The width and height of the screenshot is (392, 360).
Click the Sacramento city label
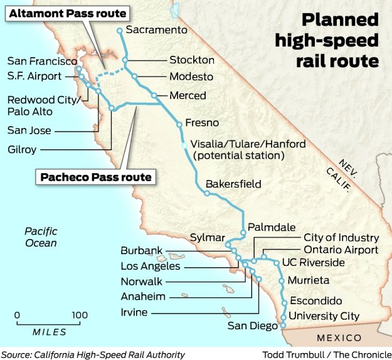click(x=157, y=29)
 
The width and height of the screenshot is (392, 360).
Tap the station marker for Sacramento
click(x=120, y=30)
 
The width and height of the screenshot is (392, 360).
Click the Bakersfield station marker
click(x=206, y=193)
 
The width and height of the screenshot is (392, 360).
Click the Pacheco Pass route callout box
click(x=96, y=177)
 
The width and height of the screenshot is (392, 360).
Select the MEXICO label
click(x=338, y=337)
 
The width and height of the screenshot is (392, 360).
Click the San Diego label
click(x=252, y=326)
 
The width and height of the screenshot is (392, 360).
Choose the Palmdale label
click(x=269, y=227)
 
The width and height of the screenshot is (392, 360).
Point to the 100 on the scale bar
click(x=79, y=315)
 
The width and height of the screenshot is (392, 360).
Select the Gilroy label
click(x=22, y=149)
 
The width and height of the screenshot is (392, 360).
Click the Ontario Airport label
click(x=341, y=250)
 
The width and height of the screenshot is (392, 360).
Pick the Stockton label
click(x=192, y=60)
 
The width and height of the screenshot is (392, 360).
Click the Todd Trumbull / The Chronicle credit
click(x=327, y=354)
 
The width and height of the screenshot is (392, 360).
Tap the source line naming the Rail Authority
click(x=93, y=354)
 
